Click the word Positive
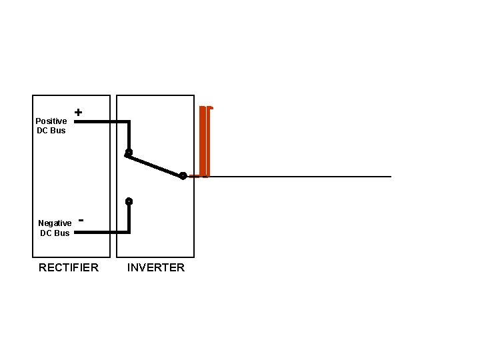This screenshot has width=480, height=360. [51, 121]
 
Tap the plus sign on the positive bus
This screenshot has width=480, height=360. [79, 113]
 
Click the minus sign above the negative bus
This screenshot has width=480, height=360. [81, 218]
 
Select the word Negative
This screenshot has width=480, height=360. [55, 223]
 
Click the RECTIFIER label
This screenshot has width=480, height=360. [69, 267]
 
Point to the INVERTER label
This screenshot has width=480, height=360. [156, 267]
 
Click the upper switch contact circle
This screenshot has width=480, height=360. [129, 153]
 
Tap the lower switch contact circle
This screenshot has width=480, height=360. [129, 201]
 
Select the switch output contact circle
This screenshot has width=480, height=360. [183, 176]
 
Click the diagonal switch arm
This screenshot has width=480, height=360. [155, 165]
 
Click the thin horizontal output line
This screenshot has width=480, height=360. [300, 177]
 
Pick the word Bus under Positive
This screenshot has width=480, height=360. [58, 131]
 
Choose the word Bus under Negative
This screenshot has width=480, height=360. [61, 233]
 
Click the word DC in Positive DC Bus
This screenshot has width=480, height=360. [43, 131]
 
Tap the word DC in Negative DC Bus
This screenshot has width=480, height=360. [46, 233]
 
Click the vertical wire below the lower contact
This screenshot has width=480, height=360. [129, 218]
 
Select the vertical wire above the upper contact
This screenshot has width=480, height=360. [129, 135]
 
